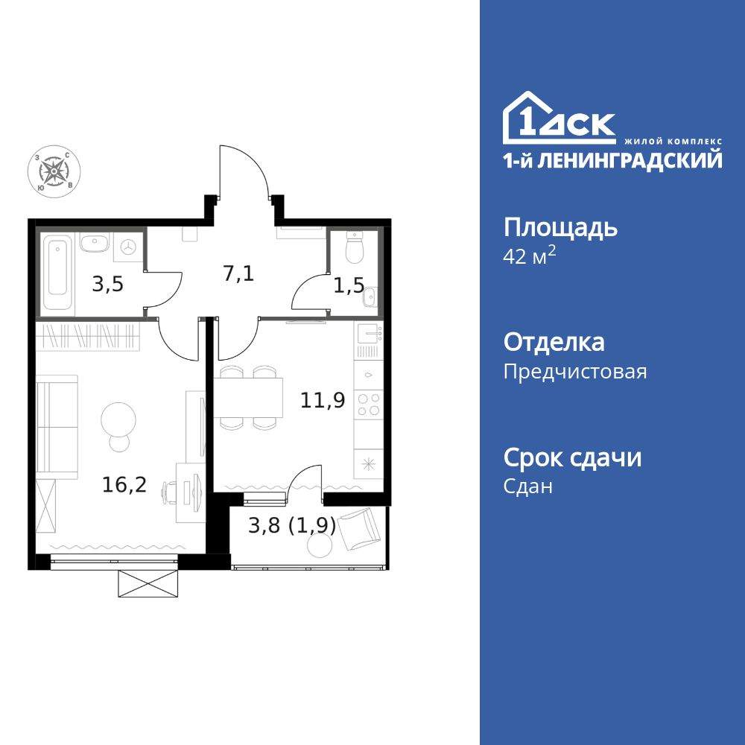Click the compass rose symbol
54,171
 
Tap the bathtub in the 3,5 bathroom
57,273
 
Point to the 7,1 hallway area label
238,273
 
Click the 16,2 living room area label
124,485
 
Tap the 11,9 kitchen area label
322,401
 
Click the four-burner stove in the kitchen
369,405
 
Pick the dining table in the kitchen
248,398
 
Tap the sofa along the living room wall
57,425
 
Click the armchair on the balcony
361,526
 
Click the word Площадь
560,227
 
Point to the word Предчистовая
575,371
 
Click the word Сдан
528,486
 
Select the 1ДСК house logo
559,118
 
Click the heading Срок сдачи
572,457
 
